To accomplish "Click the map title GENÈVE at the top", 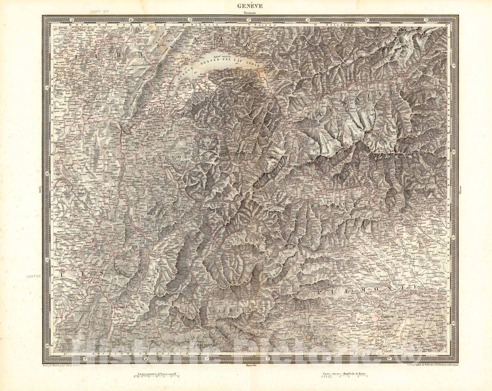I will (x=246, y=6).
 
